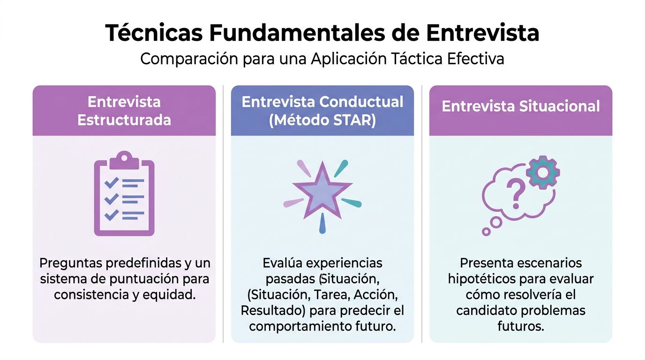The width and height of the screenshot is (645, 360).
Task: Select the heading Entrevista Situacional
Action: (520, 106)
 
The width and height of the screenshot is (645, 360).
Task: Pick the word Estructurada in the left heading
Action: (124, 120)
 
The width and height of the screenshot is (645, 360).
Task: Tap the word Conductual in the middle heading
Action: (362, 102)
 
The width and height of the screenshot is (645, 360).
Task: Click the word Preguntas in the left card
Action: (70, 263)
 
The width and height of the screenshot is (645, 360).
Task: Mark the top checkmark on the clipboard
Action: (112, 182)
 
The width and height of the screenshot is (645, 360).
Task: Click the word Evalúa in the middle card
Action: (284, 263)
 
